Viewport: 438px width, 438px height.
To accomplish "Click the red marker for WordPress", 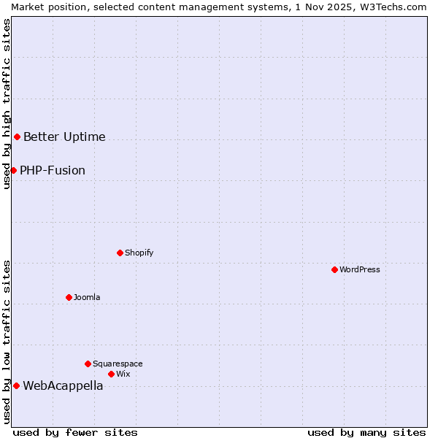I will (x=334, y=269).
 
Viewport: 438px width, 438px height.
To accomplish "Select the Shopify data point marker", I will (x=120, y=253).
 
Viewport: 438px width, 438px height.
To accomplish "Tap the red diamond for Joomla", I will (x=69, y=297).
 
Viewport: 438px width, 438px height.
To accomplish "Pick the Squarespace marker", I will (x=88, y=364).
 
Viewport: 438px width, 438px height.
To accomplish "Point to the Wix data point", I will (x=111, y=374).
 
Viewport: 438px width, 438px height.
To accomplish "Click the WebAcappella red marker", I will (x=16, y=385).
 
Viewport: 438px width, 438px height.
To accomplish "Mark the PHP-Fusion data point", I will (x=13, y=170).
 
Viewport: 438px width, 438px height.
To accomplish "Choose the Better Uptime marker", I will (x=17, y=137).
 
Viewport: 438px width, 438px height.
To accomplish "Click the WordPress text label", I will (x=360, y=269).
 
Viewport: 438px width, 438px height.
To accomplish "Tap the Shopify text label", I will (x=139, y=253).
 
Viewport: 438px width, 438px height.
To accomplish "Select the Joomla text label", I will (x=87, y=297).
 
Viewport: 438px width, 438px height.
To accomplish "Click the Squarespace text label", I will (x=118, y=364).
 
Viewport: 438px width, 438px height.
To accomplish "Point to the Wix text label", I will (x=123, y=374).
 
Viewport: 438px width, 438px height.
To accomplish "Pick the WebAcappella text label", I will (x=63, y=386).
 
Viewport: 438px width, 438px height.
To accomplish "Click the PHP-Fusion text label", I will (x=53, y=171).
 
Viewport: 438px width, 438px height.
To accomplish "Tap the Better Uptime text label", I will (x=64, y=137).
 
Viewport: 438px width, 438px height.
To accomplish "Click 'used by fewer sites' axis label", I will (x=75, y=432).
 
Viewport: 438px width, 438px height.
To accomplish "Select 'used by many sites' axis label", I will (x=366, y=432).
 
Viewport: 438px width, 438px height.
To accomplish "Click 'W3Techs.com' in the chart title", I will (x=397, y=7).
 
